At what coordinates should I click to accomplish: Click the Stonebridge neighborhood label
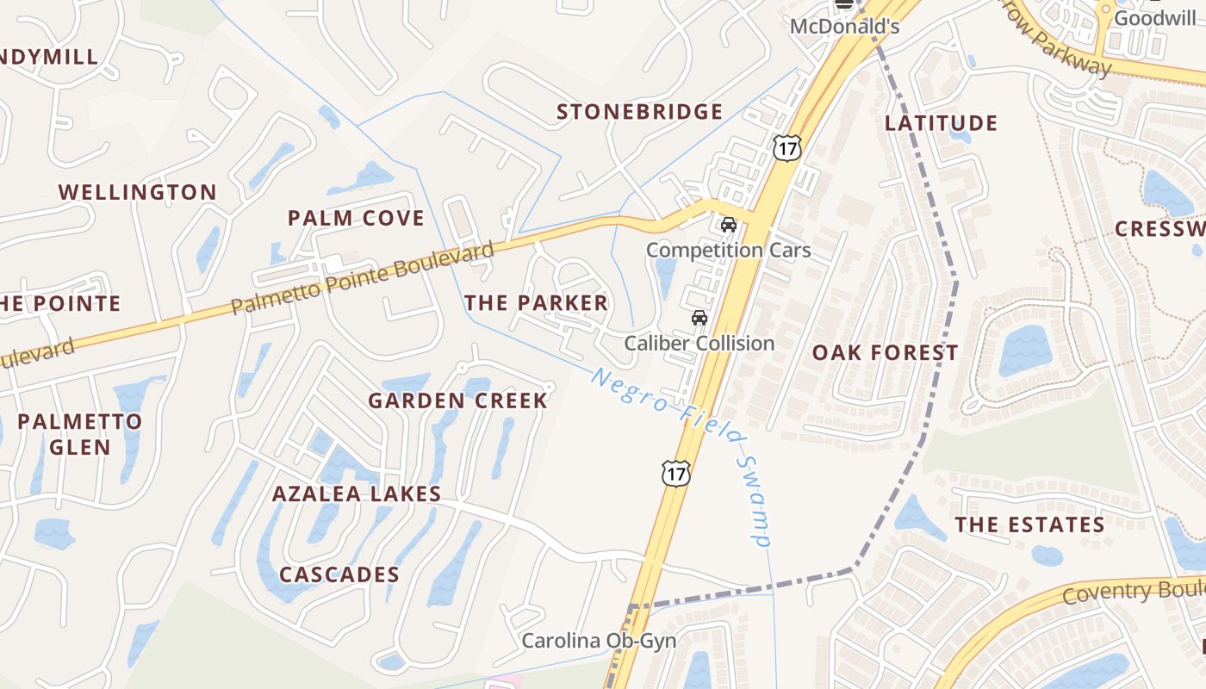click(639, 112)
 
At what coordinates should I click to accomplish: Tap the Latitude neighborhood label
click(941, 123)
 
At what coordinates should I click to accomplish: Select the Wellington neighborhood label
click(138, 192)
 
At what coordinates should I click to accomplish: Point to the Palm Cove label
click(356, 218)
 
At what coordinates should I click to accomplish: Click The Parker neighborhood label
click(536, 302)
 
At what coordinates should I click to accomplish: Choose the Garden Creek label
click(457, 400)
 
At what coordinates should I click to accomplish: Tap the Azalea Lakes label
click(357, 494)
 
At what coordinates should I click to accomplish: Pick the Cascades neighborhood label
click(339, 574)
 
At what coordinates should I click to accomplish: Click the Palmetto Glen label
click(80, 434)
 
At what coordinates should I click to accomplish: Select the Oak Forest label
click(885, 352)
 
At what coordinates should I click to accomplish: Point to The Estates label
click(1029, 525)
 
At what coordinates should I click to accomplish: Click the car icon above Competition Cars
click(728, 226)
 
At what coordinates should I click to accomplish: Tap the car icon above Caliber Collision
click(699, 318)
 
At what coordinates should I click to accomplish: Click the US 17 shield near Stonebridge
click(786, 147)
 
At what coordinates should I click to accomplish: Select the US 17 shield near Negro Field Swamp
click(676, 473)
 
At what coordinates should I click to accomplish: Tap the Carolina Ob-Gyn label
click(599, 641)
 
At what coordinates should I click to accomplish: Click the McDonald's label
click(844, 27)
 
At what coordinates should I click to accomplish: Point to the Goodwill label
click(1154, 18)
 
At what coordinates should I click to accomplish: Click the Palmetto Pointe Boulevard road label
click(362, 278)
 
